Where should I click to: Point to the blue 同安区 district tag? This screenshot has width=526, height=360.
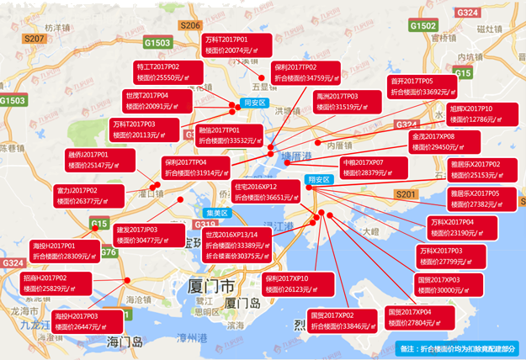click(x=253, y=103)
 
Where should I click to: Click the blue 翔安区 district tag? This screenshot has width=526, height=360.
click(x=318, y=179)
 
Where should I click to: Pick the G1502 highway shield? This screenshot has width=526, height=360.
click(x=422, y=26)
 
